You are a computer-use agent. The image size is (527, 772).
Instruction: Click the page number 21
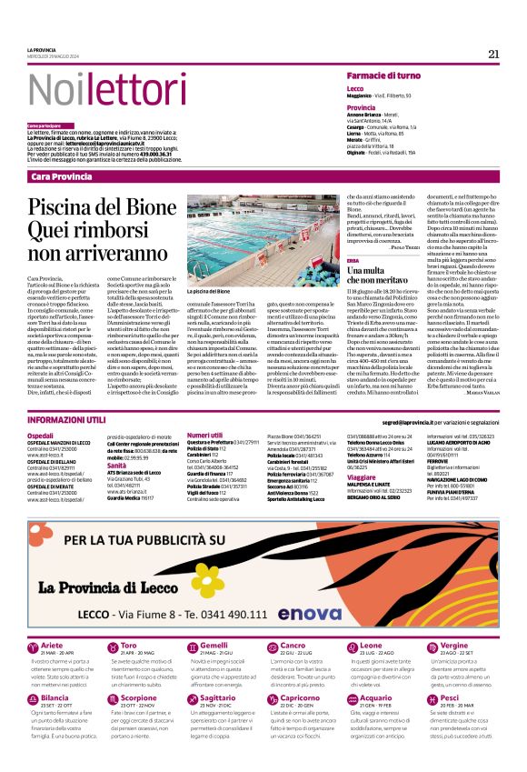(x=493, y=54)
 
